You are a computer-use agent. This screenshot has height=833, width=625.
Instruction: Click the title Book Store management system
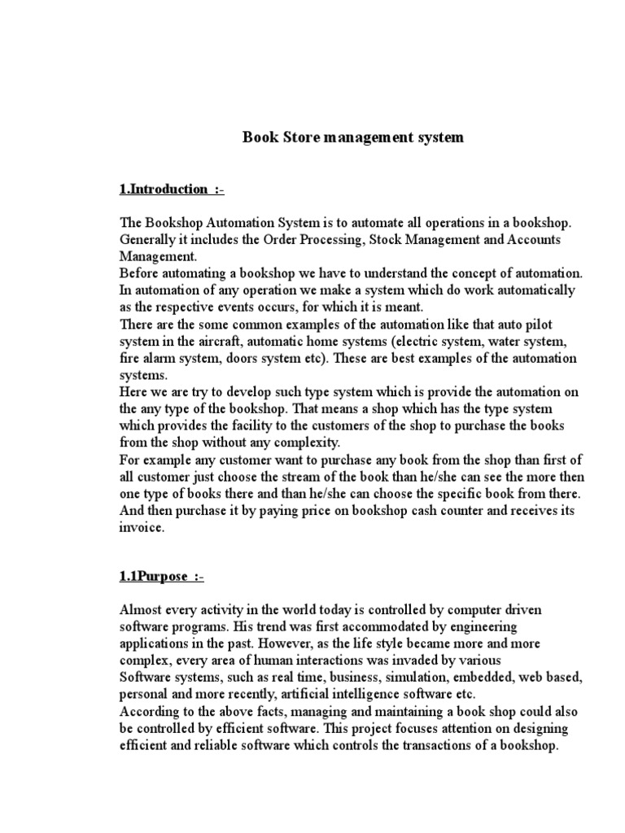(353, 137)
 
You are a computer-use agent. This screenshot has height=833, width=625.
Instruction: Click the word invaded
(417, 660)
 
